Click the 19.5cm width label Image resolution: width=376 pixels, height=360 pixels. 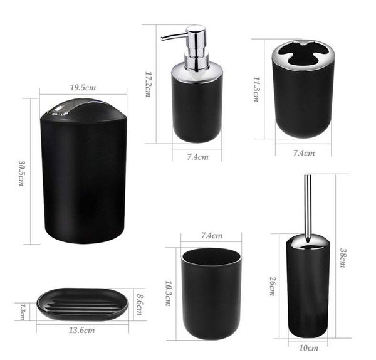pos(83,88)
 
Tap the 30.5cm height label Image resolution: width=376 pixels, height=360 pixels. pos(21,173)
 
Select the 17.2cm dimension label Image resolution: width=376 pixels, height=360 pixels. pos(149,85)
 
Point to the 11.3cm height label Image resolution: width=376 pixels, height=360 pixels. pos(256,89)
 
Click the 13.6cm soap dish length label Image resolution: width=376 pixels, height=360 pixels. pos(81,331)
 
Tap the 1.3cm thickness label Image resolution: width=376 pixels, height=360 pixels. pos(23,312)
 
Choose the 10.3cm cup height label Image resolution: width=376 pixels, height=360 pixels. pos(169,294)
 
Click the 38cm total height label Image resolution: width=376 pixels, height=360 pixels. pos(343,258)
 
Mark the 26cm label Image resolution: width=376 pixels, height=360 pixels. pos(273,287)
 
